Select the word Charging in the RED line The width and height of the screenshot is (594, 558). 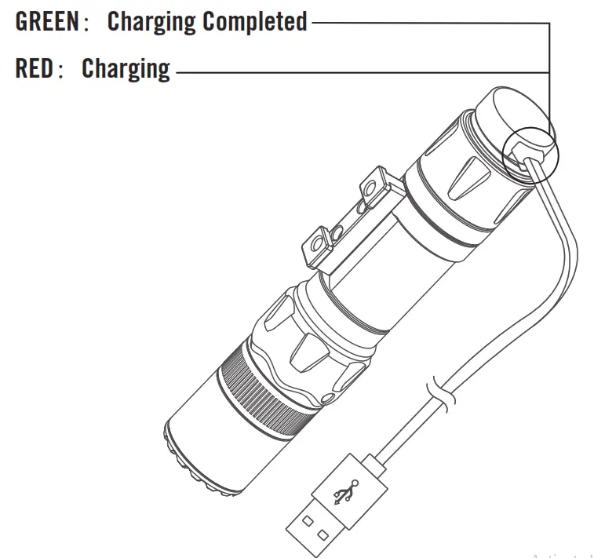click(126, 69)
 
